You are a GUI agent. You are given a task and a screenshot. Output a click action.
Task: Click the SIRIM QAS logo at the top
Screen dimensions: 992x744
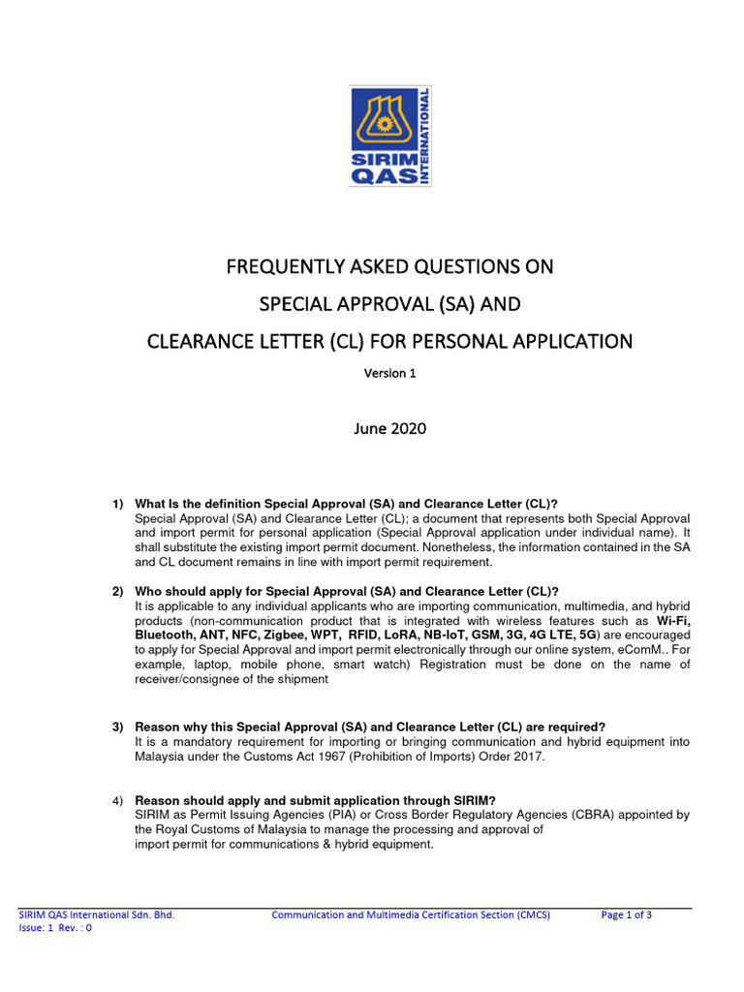tap(390, 136)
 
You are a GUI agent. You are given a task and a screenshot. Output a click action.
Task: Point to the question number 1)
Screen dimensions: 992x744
tap(118, 504)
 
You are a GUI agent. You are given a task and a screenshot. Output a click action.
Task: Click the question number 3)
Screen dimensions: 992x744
tap(118, 727)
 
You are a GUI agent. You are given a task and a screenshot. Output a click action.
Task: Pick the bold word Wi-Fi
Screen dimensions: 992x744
tap(673, 621)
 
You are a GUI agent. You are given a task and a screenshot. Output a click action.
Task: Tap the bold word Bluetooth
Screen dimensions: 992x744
tap(164, 635)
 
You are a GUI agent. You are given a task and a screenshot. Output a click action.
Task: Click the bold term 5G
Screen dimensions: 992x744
tap(588, 635)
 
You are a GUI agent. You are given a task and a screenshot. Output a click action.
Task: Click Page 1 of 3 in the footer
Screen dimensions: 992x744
tap(626, 914)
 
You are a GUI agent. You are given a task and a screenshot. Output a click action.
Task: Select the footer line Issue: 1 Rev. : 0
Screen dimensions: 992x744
tap(56, 928)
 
